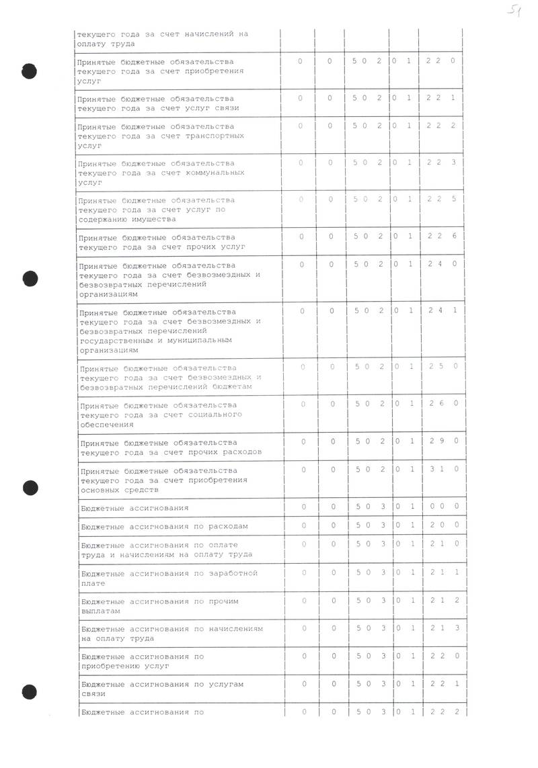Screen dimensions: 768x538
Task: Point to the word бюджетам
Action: (x=232, y=387)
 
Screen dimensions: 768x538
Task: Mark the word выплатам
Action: (x=100, y=611)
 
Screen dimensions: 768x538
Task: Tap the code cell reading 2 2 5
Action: (x=443, y=199)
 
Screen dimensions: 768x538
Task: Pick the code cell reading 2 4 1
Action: (x=443, y=310)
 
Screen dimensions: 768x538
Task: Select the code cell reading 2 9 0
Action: (x=443, y=441)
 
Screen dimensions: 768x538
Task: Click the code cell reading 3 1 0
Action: (x=443, y=469)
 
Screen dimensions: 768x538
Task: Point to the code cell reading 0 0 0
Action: (x=443, y=506)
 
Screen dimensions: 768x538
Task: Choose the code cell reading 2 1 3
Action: (x=443, y=628)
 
